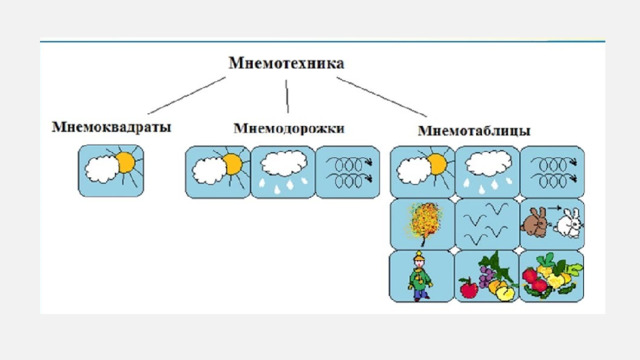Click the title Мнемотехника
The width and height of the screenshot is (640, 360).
[286, 63]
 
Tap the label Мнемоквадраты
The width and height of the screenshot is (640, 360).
[111, 127]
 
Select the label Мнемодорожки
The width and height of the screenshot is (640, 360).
[289, 129]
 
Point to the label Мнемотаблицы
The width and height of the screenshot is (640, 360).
[474, 131]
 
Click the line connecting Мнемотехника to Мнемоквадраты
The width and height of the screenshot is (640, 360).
[187, 96]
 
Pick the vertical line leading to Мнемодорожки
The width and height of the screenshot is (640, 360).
[287, 96]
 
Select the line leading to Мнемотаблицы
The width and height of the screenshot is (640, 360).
[382, 97]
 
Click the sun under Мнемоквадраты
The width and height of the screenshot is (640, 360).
[126, 163]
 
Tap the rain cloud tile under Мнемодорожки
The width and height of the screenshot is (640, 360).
[283, 172]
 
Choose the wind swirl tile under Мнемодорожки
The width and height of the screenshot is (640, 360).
[348, 172]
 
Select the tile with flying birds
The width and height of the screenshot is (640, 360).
[487, 224]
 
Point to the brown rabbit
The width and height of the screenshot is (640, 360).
[535, 222]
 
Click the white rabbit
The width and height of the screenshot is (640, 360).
[568, 223]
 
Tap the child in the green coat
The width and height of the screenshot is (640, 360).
[420, 277]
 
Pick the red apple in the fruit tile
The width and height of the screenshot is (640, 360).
[469, 288]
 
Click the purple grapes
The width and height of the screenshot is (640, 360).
[486, 276]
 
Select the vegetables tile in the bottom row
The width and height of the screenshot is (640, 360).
[552, 276]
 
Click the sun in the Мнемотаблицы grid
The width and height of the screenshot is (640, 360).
[437, 164]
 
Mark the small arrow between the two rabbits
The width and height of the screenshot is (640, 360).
[555, 208]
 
